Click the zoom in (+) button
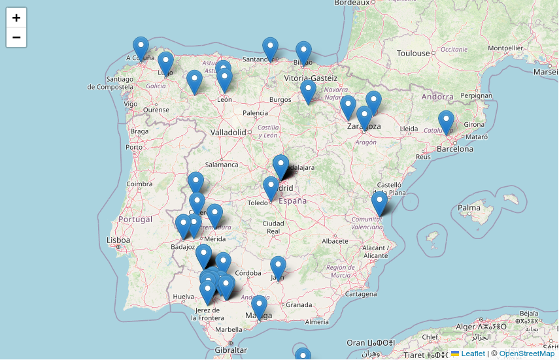click(x=16, y=18)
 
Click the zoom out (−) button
click(x=16, y=37)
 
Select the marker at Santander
click(x=270, y=49)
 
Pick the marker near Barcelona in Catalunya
click(x=446, y=122)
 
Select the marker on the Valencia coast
click(x=379, y=203)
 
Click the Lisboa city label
click(x=118, y=240)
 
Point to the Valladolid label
click(x=228, y=132)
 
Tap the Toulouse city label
click(x=413, y=53)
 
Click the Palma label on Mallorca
click(x=469, y=209)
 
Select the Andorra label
click(x=437, y=97)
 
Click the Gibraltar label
click(x=231, y=350)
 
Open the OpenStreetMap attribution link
click(x=526, y=353)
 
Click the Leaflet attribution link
click(x=473, y=353)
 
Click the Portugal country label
click(x=135, y=220)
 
